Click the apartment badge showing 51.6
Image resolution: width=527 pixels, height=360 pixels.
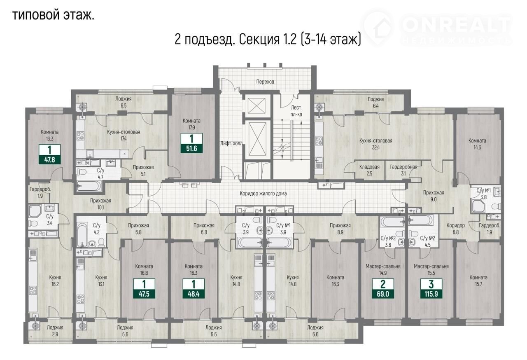[x=191, y=143]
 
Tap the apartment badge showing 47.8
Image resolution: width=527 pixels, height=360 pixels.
[x=50, y=154]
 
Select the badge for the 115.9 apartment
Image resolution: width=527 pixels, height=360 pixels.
[x=431, y=288]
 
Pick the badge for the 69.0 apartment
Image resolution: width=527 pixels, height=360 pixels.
[x=383, y=288]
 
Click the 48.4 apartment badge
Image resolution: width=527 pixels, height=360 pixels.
[x=194, y=288]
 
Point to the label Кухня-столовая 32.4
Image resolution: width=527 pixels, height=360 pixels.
[x=376, y=144]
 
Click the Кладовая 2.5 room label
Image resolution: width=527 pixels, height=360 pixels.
[x=369, y=170]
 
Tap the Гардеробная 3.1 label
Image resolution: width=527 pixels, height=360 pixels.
[x=403, y=170]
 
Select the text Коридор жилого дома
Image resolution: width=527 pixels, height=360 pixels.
[x=263, y=194]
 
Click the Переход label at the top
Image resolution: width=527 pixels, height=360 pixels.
[x=265, y=82]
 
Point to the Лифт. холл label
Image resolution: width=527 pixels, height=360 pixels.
[x=231, y=143]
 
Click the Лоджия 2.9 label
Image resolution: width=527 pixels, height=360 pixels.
[x=55, y=331]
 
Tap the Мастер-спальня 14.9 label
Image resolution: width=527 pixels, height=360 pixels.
[x=383, y=270]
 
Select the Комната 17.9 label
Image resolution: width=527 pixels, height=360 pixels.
[x=191, y=124]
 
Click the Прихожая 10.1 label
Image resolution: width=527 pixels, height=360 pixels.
[x=100, y=204]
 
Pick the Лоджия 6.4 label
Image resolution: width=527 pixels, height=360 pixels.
[x=376, y=102]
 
